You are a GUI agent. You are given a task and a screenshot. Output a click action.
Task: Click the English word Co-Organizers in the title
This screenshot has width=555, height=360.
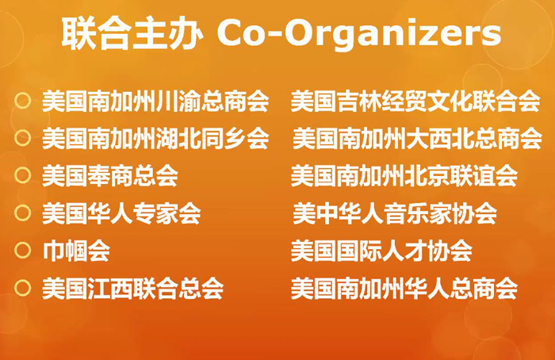(x=359, y=33)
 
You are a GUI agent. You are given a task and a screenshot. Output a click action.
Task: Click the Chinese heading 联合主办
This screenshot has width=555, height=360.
(x=132, y=33)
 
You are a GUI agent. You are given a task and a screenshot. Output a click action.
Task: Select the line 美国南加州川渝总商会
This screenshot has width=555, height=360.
(x=155, y=101)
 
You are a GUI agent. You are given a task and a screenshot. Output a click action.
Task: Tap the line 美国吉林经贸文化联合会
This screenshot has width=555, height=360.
(x=415, y=101)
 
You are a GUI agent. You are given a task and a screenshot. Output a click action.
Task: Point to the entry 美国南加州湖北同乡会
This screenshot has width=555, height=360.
(x=155, y=139)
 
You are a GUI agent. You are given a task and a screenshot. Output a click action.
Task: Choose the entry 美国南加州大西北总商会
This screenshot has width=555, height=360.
(x=417, y=139)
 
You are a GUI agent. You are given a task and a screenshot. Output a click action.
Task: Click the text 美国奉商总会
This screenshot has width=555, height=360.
(x=110, y=176)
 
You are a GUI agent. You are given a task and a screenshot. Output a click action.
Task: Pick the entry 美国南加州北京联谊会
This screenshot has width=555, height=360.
(x=404, y=176)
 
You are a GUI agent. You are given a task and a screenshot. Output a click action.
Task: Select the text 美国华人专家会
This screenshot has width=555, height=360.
(x=121, y=213)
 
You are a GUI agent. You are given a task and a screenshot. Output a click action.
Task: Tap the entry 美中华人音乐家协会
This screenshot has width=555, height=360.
(x=395, y=213)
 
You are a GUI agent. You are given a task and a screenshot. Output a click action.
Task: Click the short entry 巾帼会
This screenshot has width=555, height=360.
(x=76, y=251)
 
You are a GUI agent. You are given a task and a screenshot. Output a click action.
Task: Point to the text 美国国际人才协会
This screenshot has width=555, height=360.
(x=381, y=251)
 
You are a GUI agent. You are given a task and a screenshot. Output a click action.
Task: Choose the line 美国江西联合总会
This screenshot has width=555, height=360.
(x=132, y=289)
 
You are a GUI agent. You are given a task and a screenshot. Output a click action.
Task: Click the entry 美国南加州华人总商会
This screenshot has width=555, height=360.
(x=404, y=289)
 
